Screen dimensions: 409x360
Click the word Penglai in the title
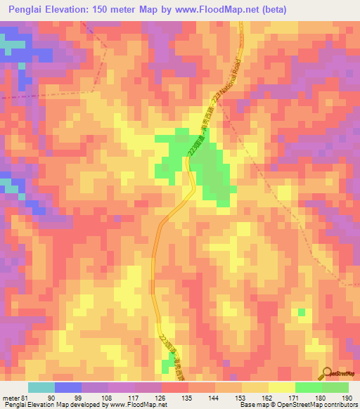[x=27, y=9]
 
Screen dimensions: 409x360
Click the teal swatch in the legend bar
[x=41, y=387]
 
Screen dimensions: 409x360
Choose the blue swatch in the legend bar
[x=68, y=387]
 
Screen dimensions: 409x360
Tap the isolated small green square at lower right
[x=302, y=312]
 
